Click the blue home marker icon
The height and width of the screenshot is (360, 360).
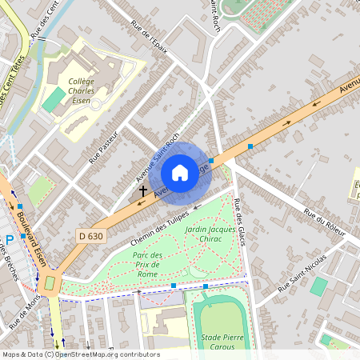[180, 172]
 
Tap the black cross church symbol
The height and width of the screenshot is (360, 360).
[143, 191]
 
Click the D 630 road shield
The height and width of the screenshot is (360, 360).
[92, 236]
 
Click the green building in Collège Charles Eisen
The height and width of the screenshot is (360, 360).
[54, 100]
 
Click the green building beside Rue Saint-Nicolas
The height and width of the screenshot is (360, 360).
[319, 286]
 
